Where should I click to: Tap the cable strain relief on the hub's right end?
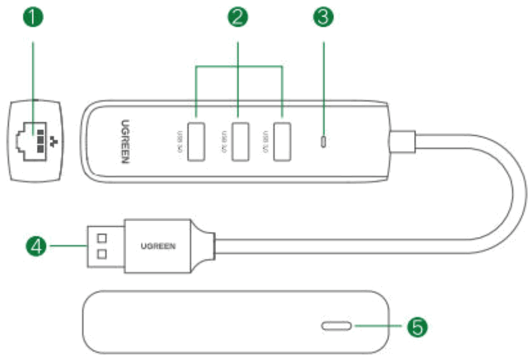(x=403, y=140)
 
